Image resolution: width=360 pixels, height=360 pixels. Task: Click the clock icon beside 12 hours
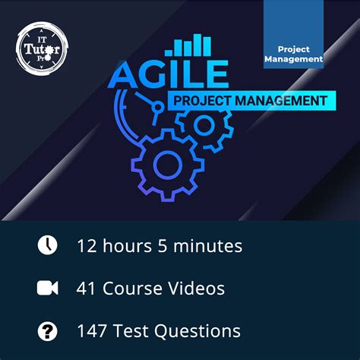coord(47,245)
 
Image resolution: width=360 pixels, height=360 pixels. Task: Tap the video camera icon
coord(47,289)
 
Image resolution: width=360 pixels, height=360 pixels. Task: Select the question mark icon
coord(47,331)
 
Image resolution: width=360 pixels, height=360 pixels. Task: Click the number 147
coord(93,331)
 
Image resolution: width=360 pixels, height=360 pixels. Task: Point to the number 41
coord(86,289)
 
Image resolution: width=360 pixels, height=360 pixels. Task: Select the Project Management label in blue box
coord(294,53)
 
